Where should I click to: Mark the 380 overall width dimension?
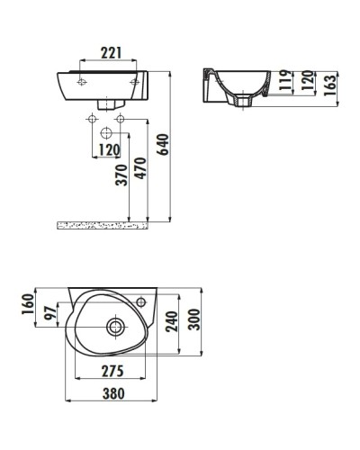tap(113, 393)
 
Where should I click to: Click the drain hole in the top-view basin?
tap(116, 325)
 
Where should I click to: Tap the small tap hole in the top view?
tap(141, 299)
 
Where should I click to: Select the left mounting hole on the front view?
tap(82, 83)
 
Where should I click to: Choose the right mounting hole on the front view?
tap(134, 83)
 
